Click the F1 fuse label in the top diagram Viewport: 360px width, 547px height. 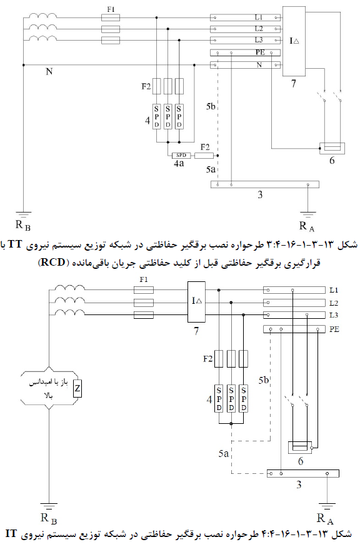click(x=111, y=9)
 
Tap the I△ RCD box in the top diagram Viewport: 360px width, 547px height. click(x=294, y=41)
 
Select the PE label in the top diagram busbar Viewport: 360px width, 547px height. click(x=260, y=53)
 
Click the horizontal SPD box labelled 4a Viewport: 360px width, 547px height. click(x=181, y=155)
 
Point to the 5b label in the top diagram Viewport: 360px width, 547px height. click(x=211, y=106)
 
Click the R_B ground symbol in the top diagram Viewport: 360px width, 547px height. click(x=23, y=215)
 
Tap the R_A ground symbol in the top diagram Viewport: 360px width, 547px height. click(x=308, y=215)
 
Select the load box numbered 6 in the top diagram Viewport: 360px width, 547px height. click(x=332, y=148)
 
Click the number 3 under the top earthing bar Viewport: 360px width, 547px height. click(x=260, y=194)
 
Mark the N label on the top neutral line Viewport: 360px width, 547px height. click(x=49, y=71)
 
